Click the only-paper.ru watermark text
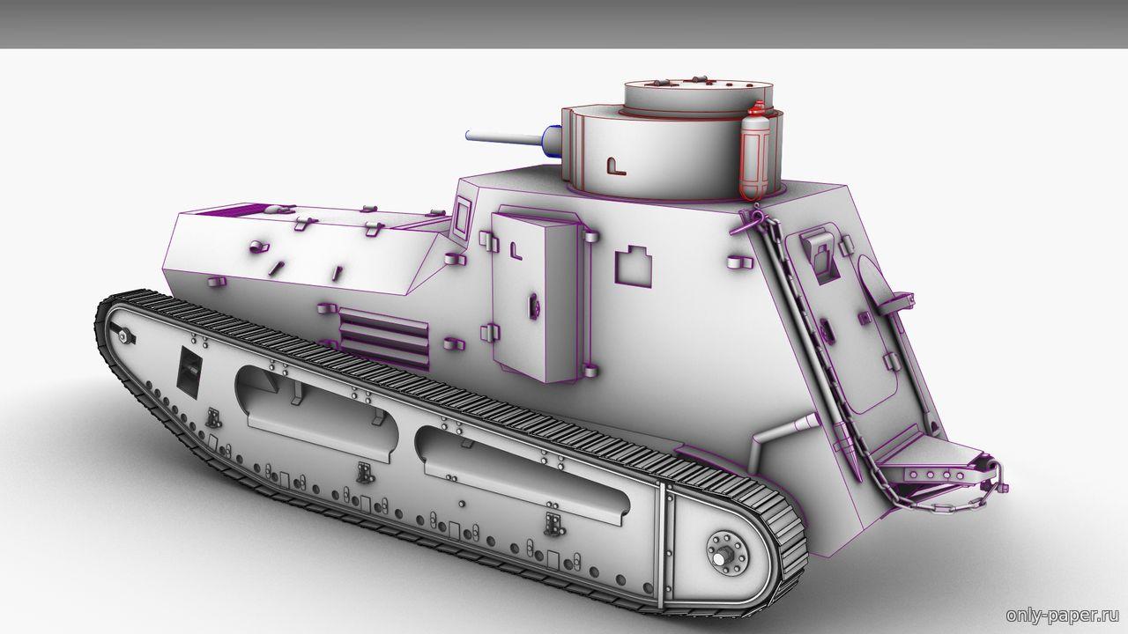[1063, 615]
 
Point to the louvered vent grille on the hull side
[383, 337]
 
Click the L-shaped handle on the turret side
[615, 166]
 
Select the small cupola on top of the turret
[699, 100]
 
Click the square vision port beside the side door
[633, 267]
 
